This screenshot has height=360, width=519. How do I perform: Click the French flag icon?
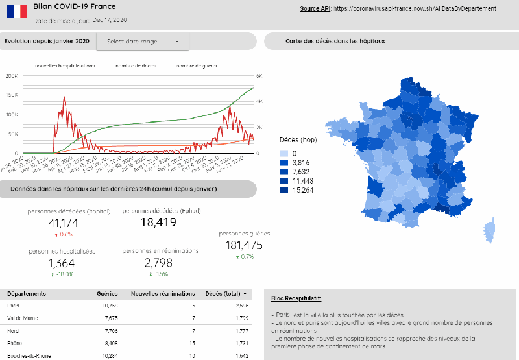16,10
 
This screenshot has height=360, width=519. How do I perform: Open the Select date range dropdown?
143,42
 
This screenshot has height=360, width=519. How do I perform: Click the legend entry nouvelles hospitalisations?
64,66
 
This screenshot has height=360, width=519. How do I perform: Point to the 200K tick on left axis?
12,76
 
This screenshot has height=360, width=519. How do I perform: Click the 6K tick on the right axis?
258,76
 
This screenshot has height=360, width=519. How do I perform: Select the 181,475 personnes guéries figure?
244,245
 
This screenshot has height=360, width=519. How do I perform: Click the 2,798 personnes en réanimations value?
159,263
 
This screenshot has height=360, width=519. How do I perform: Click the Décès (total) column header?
222,293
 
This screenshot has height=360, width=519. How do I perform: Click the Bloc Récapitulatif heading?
296,298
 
